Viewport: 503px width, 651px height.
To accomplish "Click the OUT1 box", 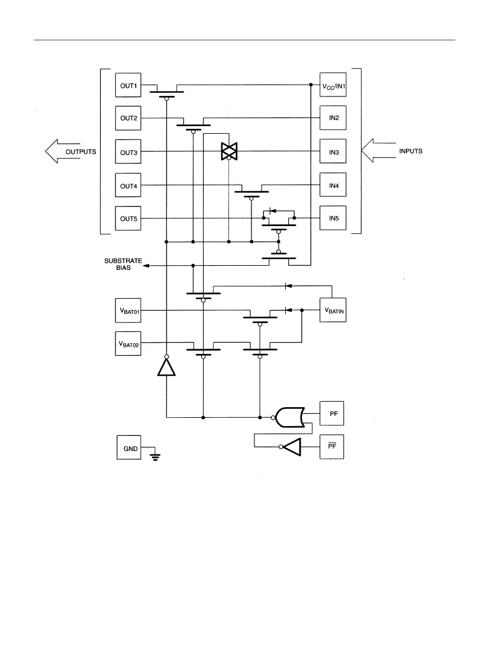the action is tap(128, 85).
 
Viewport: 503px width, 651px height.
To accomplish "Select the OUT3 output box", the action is tap(128, 152).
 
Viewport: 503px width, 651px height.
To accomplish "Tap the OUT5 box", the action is tap(128, 218).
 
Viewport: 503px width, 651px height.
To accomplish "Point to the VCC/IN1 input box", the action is tap(333, 85).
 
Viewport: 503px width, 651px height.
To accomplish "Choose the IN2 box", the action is tap(333, 118).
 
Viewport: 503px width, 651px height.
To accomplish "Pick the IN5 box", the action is tap(333, 218).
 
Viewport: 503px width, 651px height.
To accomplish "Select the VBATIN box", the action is tap(333, 310).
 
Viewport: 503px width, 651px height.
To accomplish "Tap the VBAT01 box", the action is tap(128, 310).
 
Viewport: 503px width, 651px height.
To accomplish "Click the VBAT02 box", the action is tap(128, 343).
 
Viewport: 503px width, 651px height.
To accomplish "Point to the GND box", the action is tap(129, 447).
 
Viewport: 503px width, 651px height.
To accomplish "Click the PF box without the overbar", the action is tap(331, 413).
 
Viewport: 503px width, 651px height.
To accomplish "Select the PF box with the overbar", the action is tap(331, 447).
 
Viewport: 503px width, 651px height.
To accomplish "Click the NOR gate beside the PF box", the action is tap(290, 417).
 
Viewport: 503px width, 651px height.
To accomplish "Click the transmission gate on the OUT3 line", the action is tap(229, 151).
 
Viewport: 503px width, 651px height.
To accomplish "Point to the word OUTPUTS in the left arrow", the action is tap(80, 152).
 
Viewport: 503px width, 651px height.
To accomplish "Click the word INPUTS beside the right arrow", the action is tap(411, 151).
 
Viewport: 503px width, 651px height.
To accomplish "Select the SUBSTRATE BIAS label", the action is tap(123, 264).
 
